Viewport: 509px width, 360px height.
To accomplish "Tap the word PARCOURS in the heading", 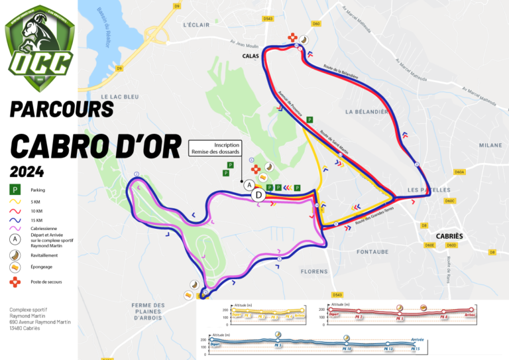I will pos(62,109).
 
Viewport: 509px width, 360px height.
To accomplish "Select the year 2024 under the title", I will pos(27,171).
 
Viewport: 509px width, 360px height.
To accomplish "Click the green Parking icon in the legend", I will pos(15,190).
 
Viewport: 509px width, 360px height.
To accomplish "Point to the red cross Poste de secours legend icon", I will pos(15,282).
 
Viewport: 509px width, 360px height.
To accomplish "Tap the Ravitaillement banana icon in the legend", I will pos(15,255).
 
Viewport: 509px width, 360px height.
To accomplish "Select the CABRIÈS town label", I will pos(449,236).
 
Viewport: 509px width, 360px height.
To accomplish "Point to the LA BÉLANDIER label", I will pos(367,112).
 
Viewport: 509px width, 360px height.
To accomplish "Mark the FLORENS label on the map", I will pos(313,271).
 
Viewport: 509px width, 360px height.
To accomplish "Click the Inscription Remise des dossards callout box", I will pos(214,148).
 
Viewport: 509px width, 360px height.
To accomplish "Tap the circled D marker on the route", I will pos(258,195).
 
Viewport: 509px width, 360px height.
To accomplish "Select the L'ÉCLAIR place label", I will pos(196,25).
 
